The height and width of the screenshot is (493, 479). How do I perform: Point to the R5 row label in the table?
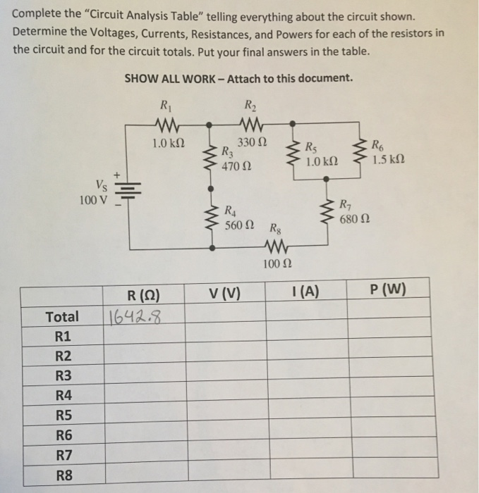(63, 415)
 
